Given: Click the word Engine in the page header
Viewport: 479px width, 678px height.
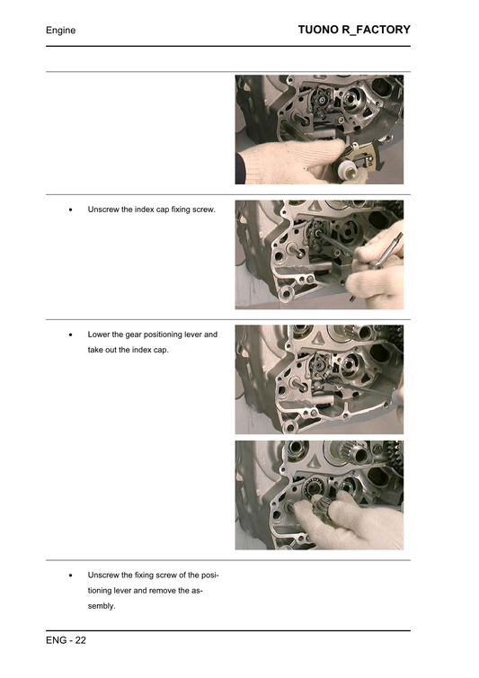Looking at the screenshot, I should (60, 31).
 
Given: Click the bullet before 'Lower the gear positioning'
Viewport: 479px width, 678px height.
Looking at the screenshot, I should (71, 334).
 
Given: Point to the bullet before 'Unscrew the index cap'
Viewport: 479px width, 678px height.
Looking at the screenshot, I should (71, 210).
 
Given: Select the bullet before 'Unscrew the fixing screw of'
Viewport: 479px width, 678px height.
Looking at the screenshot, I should (71, 575).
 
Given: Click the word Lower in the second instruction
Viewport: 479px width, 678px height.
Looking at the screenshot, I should (101, 334).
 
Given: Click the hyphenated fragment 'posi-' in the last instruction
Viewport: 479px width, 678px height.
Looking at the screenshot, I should (208, 575).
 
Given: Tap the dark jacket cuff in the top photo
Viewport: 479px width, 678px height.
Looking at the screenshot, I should (244, 167).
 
